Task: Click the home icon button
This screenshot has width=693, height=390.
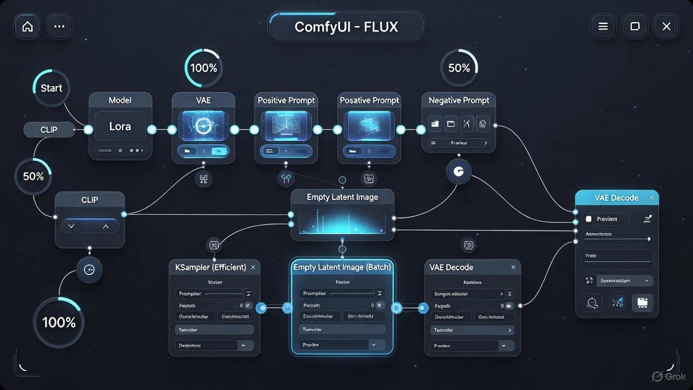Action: [x=27, y=27]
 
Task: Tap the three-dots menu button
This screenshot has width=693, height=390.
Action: [x=60, y=27]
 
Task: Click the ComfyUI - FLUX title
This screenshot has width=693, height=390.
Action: [x=346, y=27]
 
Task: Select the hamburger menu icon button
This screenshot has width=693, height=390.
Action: [x=603, y=27]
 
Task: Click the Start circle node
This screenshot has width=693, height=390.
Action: [x=51, y=88]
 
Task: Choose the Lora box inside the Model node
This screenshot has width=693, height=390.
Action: [x=120, y=127]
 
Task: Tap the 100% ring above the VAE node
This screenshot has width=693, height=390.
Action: [x=204, y=68]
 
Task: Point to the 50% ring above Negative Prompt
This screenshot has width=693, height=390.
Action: [x=459, y=68]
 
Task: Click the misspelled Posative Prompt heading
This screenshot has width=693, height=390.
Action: [x=369, y=100]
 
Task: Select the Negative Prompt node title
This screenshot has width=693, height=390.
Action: [x=459, y=100]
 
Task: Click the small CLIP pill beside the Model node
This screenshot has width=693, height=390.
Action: [x=49, y=129]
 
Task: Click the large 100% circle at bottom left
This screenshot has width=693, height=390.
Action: [x=58, y=322]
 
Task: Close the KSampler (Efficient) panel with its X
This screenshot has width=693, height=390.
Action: [x=253, y=267]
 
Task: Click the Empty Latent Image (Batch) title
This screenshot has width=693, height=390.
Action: [x=342, y=267]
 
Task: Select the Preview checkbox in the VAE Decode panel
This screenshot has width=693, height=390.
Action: [x=589, y=219]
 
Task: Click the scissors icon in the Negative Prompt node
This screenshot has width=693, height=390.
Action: [x=467, y=123]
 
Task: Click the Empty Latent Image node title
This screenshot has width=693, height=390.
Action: [x=342, y=197]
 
